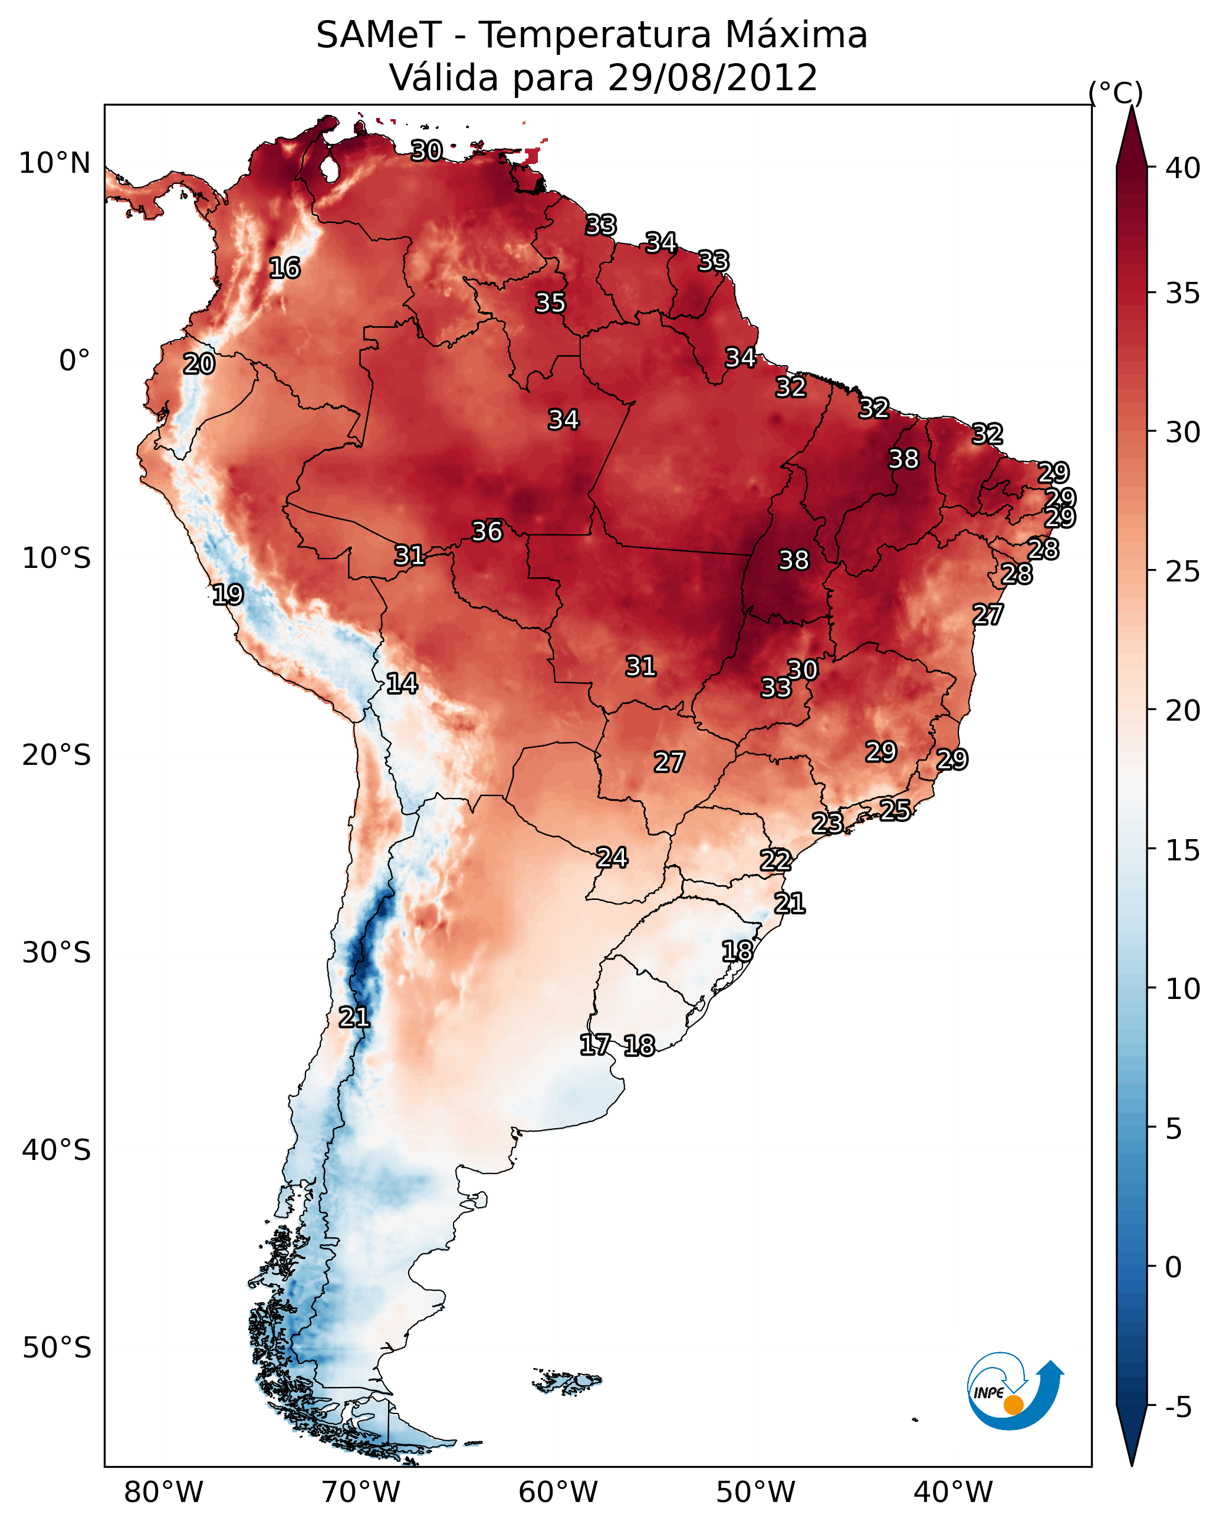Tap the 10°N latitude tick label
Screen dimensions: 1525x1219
point(54,163)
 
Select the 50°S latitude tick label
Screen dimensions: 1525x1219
point(57,1348)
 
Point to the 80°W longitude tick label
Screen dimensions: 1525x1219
point(163,1493)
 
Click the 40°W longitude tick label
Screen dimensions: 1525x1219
point(953,1493)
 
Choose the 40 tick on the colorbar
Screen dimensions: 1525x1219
point(1182,168)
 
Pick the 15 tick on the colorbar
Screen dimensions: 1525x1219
point(1182,850)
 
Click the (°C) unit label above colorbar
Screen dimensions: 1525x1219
point(1115,93)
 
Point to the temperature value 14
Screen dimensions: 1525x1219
point(401,683)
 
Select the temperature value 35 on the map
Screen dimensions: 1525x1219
point(550,303)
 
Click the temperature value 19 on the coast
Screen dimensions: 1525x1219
point(228,594)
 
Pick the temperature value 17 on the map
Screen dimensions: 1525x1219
point(594,1045)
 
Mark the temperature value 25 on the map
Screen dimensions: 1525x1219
point(895,810)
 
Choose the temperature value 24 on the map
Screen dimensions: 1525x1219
point(611,858)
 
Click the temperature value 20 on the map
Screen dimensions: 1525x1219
point(199,364)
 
